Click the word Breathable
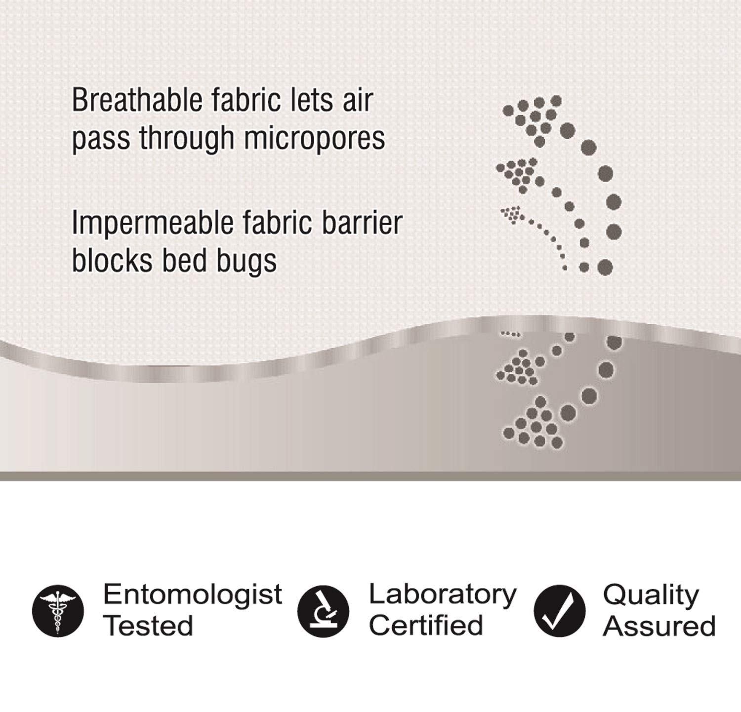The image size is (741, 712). point(137,100)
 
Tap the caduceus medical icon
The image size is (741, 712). point(58,610)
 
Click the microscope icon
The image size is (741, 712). point(323,610)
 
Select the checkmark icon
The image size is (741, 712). point(559,610)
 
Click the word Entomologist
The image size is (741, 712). point(193,594)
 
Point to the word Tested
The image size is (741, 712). point(148,626)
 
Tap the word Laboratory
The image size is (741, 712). point(443,594)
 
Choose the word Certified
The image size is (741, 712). point(426,626)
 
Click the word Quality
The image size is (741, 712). point(651,595)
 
